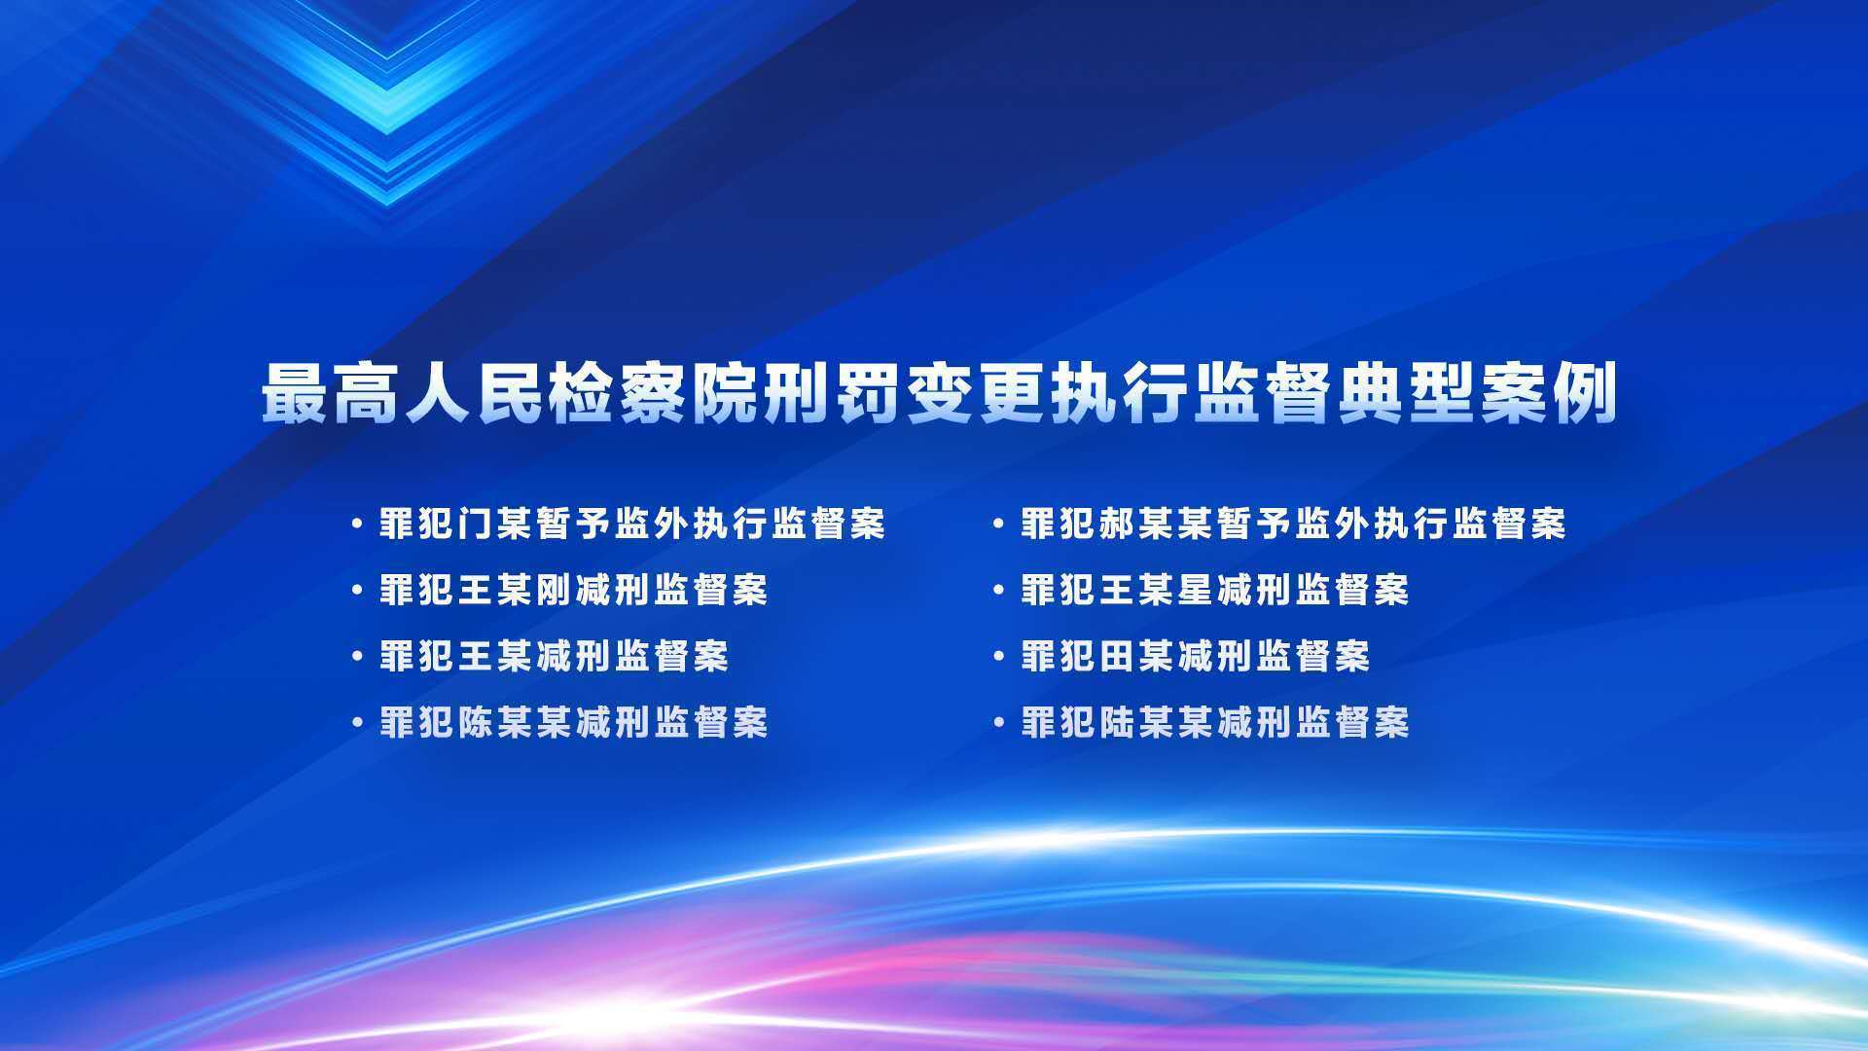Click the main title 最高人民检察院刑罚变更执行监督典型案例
(939, 393)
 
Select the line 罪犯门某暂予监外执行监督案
(632, 525)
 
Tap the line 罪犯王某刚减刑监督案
(574, 591)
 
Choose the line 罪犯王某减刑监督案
(555, 657)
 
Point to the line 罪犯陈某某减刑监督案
(574, 723)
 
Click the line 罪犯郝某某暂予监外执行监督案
(1294, 525)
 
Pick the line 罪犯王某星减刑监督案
(1215, 591)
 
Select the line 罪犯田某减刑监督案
(1196, 657)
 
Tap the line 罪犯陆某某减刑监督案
(1215, 723)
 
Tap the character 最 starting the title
(295, 393)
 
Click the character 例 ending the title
(1586, 393)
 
